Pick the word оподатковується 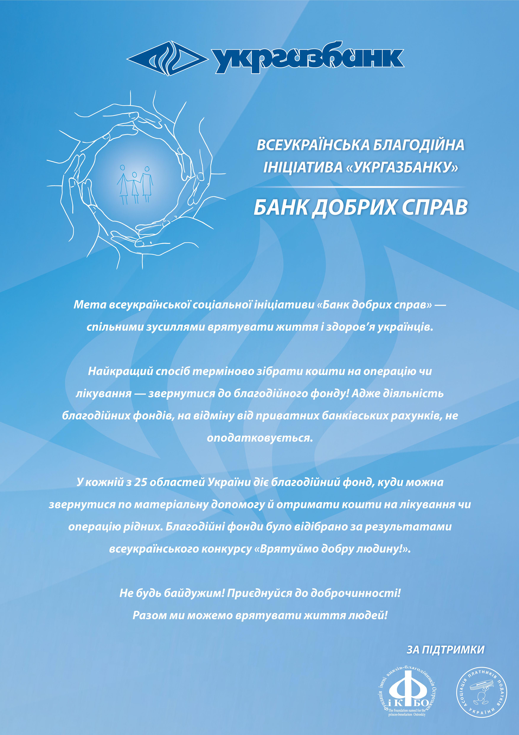259,438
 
